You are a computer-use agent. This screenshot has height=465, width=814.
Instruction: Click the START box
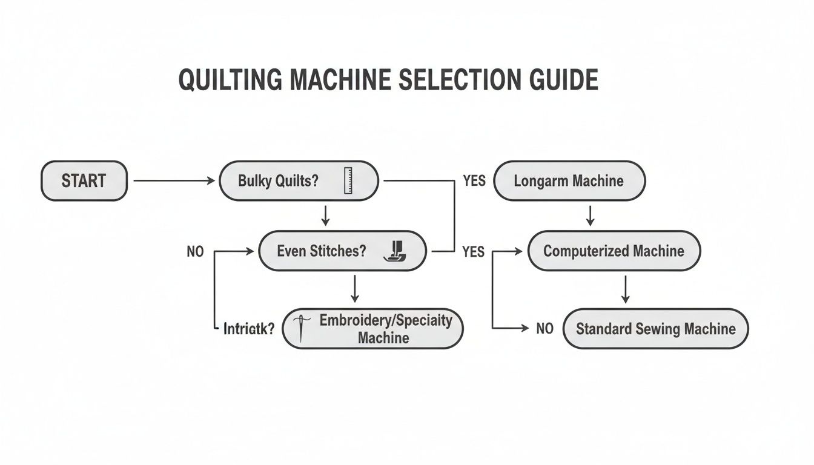coord(84,180)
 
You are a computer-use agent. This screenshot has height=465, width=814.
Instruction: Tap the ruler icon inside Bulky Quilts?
coord(348,180)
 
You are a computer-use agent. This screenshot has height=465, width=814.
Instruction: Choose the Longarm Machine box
coord(569,180)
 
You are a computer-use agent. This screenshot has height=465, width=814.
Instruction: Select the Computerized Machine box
coord(614,251)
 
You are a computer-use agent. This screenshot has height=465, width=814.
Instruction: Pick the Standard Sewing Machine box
coord(656,329)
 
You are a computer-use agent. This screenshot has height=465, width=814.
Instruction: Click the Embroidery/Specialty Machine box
coord(372,329)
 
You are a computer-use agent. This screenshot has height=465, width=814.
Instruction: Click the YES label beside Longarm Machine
coord(474,180)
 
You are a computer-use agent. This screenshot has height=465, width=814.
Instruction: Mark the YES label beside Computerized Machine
coord(473,251)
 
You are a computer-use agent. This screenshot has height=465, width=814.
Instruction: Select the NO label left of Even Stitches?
coord(195,251)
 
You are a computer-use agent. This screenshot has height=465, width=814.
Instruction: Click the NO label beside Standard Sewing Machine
coord(545,329)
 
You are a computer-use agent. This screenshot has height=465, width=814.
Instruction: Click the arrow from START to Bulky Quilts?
coord(173,180)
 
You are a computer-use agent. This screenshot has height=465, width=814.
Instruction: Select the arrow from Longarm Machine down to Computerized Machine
coord(591,215)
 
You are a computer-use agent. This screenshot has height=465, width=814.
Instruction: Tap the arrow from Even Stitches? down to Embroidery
coord(355,289)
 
